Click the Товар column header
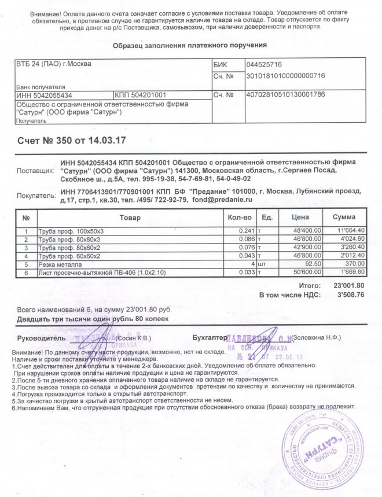point(130,217)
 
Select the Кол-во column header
point(238,217)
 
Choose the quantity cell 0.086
point(245,239)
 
